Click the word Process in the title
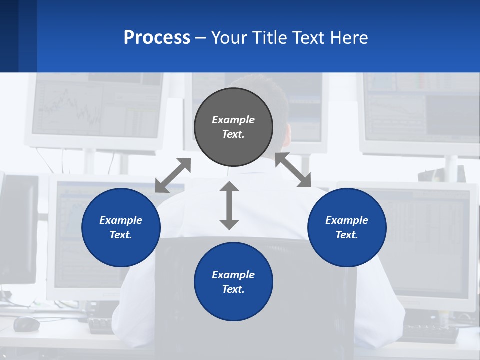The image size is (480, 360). point(157,38)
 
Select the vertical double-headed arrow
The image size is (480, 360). point(229,205)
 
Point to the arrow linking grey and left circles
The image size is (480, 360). point(173,175)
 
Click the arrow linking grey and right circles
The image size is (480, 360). point(293,170)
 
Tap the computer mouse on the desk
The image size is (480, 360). point(26,324)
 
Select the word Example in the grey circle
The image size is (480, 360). point(233,120)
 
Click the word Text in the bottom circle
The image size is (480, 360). point(232,289)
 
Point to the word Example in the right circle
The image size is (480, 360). point(347,220)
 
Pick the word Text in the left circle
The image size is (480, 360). point(120,235)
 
